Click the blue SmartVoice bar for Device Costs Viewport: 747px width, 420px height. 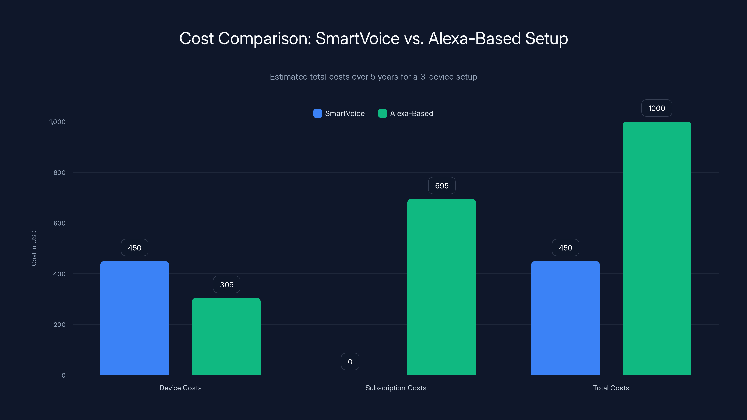134,318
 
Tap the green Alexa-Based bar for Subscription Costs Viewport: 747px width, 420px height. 441,287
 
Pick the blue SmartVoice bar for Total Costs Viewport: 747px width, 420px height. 565,318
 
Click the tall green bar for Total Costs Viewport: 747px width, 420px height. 657,248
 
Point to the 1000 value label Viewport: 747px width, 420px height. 656,108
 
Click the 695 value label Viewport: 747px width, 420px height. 442,185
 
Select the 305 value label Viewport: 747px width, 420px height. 226,284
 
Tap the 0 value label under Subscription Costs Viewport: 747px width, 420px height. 350,361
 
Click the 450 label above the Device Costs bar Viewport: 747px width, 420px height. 134,248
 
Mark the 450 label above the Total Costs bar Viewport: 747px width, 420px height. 565,248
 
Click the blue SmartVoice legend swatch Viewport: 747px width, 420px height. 317,113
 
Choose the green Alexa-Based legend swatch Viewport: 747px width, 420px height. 383,113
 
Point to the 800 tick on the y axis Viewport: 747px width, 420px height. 60,172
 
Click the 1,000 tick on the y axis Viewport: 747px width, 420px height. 57,122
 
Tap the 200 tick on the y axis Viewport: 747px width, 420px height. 60,324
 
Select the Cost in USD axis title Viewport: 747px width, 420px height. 34,248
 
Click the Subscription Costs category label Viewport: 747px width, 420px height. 396,388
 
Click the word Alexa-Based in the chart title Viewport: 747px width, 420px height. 474,38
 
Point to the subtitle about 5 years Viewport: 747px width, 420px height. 373,77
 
